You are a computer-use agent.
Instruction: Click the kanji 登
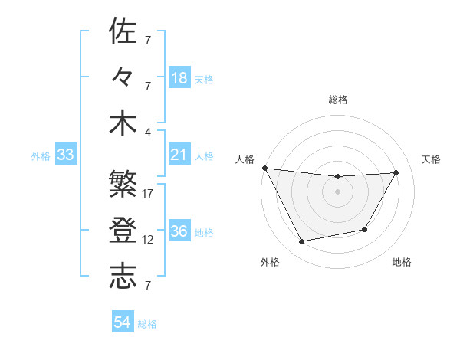pyautogui.click(x=123, y=230)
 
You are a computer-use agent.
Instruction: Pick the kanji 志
pyautogui.click(x=123, y=277)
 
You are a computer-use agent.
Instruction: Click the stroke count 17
pyautogui.click(x=148, y=194)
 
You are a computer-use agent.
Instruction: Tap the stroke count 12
pyautogui.click(x=148, y=240)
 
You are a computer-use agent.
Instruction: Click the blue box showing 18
pyautogui.click(x=179, y=78)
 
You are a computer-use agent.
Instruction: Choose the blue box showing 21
pyautogui.click(x=179, y=155)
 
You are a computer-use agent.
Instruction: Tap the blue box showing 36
pyautogui.click(x=179, y=231)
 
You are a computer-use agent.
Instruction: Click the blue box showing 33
pyautogui.click(x=65, y=155)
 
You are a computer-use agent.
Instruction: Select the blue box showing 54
pyautogui.click(x=122, y=322)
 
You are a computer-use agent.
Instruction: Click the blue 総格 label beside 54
pyautogui.click(x=147, y=324)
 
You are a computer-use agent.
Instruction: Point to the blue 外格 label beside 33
pyautogui.click(x=41, y=156)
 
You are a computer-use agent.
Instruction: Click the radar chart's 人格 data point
pyautogui.click(x=264, y=168)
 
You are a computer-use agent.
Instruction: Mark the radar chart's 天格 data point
pyautogui.click(x=396, y=172)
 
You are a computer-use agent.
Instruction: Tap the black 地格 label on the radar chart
pyautogui.click(x=402, y=262)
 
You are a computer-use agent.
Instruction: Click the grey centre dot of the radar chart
pyautogui.click(x=337, y=191)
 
